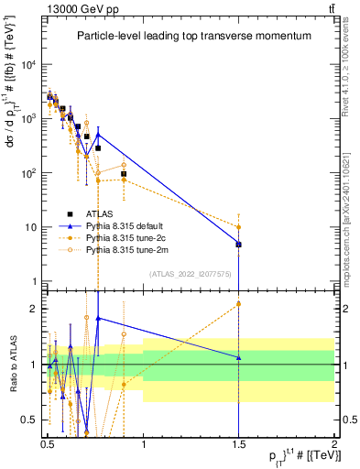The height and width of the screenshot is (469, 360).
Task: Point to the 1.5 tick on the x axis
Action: coord(238,442)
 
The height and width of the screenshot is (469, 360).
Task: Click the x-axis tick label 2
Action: coord(334,442)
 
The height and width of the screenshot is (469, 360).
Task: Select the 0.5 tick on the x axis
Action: coord(48,442)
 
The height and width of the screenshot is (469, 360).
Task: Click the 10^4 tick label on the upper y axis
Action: coord(28,64)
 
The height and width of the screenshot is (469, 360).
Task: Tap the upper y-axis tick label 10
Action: coord(31,227)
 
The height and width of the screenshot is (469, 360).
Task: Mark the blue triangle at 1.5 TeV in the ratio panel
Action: coord(238,357)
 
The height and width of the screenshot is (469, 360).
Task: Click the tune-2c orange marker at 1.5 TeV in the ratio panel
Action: coord(238,304)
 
